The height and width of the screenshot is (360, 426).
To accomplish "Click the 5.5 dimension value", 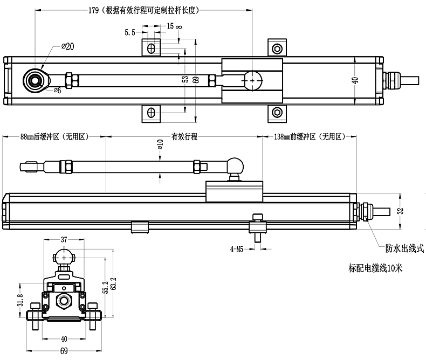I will click(129, 32).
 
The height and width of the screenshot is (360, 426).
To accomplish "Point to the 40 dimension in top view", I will click(354, 80).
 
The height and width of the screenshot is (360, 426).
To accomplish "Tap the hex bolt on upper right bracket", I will click(277, 48).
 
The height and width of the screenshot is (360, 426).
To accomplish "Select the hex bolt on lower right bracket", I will click(277, 112).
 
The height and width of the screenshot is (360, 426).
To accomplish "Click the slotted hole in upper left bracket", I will click(152, 48).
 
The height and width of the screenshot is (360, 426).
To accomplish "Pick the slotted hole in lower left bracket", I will click(152, 112).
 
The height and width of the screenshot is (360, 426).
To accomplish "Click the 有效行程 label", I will click(184, 137).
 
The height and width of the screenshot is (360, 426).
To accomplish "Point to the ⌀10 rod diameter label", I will click(160, 146).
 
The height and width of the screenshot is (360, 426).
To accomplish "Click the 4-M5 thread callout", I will click(237, 249).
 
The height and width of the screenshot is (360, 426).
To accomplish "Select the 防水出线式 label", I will click(401, 248).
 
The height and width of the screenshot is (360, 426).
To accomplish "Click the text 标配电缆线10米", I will click(376, 267).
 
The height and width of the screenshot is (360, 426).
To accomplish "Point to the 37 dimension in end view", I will click(64, 239).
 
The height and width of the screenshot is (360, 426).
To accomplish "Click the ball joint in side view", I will click(236, 163).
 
